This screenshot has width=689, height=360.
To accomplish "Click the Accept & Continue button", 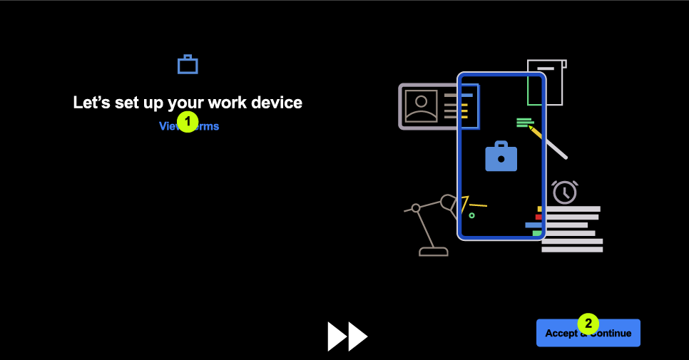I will [x=588, y=334].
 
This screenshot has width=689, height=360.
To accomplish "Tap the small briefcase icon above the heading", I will [x=188, y=65].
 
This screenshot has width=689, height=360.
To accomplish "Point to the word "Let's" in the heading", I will [x=91, y=103].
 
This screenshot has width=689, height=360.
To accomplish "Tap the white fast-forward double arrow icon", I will [x=347, y=336].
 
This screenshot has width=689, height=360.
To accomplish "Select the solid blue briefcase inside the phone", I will [x=501, y=158].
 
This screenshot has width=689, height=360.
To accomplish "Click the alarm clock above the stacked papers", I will [x=565, y=192].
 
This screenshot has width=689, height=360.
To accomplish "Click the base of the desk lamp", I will [x=433, y=251].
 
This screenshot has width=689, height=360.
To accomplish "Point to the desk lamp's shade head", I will [x=449, y=202].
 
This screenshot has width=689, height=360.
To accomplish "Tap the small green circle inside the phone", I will [x=471, y=215].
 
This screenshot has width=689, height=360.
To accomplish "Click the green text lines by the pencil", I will [x=524, y=122].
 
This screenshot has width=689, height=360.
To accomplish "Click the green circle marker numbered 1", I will [x=188, y=122].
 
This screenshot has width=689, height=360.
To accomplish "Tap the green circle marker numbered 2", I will [x=588, y=324].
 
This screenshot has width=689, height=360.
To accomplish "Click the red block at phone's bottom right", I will [x=539, y=217].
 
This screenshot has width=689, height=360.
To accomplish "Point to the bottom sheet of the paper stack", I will [x=572, y=250].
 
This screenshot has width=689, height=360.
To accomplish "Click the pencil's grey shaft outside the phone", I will [x=556, y=148].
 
